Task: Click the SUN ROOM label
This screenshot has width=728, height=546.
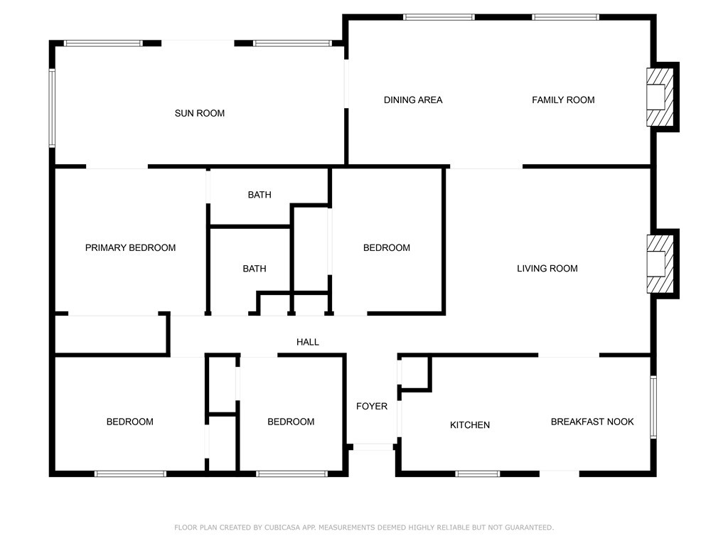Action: point(200,113)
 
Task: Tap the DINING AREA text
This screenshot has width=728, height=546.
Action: point(413,100)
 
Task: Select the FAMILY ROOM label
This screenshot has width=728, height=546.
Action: point(563,100)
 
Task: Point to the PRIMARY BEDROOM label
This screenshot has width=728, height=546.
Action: point(131,248)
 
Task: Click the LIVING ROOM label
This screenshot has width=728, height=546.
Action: point(547,268)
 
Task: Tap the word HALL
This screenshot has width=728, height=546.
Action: point(308,342)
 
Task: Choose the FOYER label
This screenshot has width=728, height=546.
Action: point(372,406)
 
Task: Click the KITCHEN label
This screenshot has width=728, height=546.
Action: point(470,425)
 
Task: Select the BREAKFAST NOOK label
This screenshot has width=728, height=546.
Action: point(592,422)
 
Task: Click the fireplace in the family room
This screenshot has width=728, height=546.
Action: point(660,97)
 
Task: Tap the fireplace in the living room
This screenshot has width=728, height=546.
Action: point(660,264)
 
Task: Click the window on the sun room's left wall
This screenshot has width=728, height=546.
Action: point(52,108)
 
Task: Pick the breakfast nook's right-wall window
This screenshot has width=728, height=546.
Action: point(653,407)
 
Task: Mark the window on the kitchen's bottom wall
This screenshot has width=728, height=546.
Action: point(478,474)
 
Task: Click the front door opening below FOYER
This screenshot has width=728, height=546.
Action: point(373,447)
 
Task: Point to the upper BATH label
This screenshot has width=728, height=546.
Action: point(259,195)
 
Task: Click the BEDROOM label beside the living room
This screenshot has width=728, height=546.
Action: point(387,248)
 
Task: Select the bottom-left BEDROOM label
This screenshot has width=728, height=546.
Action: point(130,422)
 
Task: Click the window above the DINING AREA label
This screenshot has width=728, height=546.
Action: point(439,17)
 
